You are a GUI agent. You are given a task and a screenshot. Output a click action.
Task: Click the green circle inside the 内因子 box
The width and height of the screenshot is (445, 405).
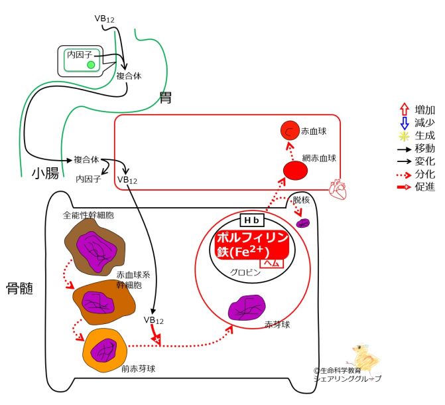point(91,64)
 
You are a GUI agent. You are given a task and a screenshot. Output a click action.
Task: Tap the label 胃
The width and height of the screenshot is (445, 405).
point(165,99)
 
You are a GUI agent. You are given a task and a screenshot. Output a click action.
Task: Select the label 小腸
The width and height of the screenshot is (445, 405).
point(46,175)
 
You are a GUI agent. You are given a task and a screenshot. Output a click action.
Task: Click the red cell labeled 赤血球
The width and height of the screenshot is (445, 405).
point(290,131)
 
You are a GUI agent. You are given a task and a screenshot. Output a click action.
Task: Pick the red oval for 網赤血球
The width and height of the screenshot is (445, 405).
point(294,171)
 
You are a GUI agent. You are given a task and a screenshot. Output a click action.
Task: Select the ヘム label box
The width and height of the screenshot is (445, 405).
point(273,263)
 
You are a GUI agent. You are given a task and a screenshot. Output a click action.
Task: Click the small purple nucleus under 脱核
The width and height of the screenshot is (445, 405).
point(303,222)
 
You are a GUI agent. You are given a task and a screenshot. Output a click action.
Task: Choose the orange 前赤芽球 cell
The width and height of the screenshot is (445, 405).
point(103,347)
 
